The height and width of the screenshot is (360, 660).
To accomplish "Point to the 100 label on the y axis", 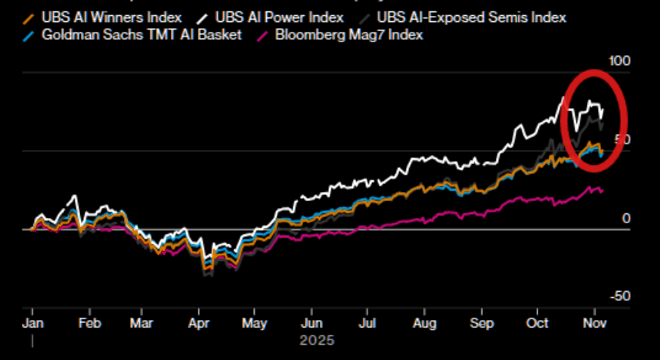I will pyautogui.click(x=619, y=61).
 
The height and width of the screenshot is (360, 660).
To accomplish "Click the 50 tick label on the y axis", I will pyautogui.click(x=622, y=139).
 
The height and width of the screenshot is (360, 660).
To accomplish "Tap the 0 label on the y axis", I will pyautogui.click(x=625, y=219).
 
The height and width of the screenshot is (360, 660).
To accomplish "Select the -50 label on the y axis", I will pyautogui.click(x=619, y=296).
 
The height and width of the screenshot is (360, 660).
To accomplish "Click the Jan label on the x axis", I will pyautogui.click(x=32, y=322).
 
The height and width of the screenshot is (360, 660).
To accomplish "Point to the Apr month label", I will pyautogui.click(x=198, y=322).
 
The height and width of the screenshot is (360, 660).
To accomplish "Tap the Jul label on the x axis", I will pyautogui.click(x=367, y=322).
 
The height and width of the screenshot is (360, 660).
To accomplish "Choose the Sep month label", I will pyautogui.click(x=481, y=322).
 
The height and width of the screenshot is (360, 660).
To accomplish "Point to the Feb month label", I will pyautogui.click(x=89, y=322).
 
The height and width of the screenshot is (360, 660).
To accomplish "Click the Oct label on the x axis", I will pyautogui.click(x=537, y=322).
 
